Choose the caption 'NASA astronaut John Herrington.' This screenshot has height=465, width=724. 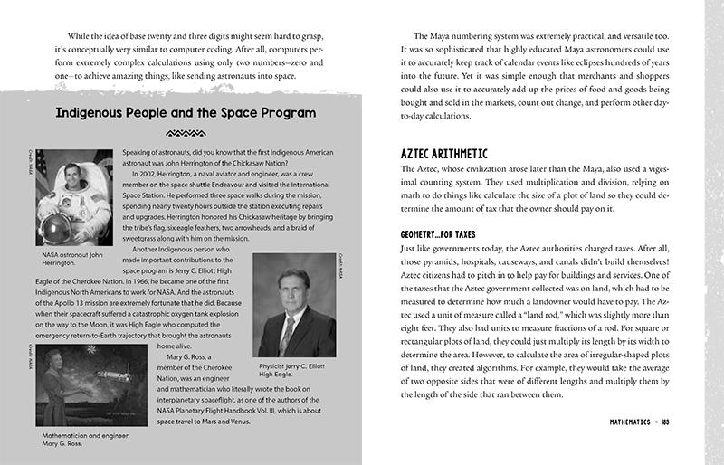coord(68,261)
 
